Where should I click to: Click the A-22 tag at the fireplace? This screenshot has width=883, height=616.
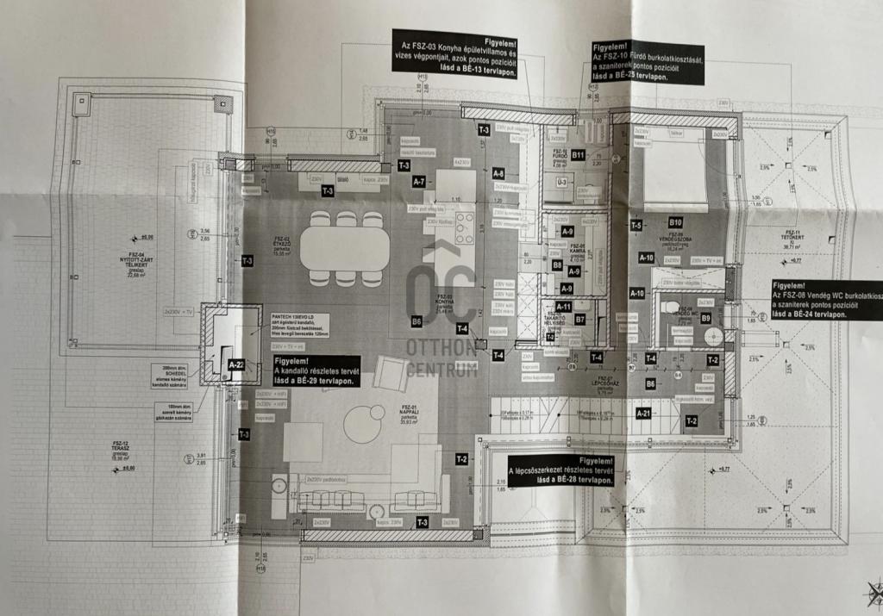(236, 364)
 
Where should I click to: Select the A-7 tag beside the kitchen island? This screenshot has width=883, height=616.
(419, 182)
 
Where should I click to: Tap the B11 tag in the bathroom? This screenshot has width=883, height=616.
(579, 155)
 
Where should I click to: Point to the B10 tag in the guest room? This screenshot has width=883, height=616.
(675, 221)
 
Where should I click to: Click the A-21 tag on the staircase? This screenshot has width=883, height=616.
(642, 413)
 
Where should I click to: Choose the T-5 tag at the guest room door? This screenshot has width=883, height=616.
(636, 225)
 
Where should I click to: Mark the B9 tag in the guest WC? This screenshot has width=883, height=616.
(705, 318)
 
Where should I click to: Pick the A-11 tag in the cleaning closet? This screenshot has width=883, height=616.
(563, 306)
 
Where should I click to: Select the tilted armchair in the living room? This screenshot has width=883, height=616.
(391, 373)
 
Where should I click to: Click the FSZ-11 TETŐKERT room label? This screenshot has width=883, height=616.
(791, 237)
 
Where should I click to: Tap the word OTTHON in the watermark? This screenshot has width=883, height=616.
(441, 349)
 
